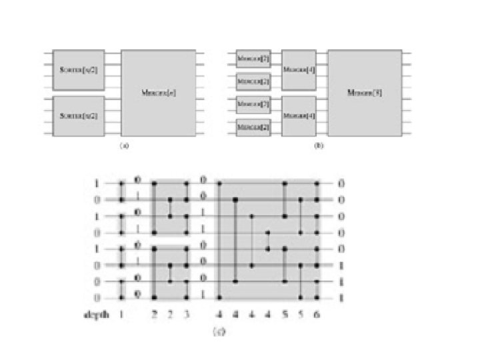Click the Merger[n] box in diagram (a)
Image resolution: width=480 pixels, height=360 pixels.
point(159,93)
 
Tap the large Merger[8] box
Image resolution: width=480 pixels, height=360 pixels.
point(364,93)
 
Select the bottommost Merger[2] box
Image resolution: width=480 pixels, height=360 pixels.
point(252,127)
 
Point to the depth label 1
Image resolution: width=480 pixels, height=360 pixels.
point(122,315)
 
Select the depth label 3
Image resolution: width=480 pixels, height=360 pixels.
point(188,315)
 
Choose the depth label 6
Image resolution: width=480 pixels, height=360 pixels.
point(317,315)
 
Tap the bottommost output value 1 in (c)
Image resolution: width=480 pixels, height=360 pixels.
point(340,297)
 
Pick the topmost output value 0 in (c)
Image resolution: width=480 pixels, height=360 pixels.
point(340,182)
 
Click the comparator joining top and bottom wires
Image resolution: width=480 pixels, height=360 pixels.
point(219,240)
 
